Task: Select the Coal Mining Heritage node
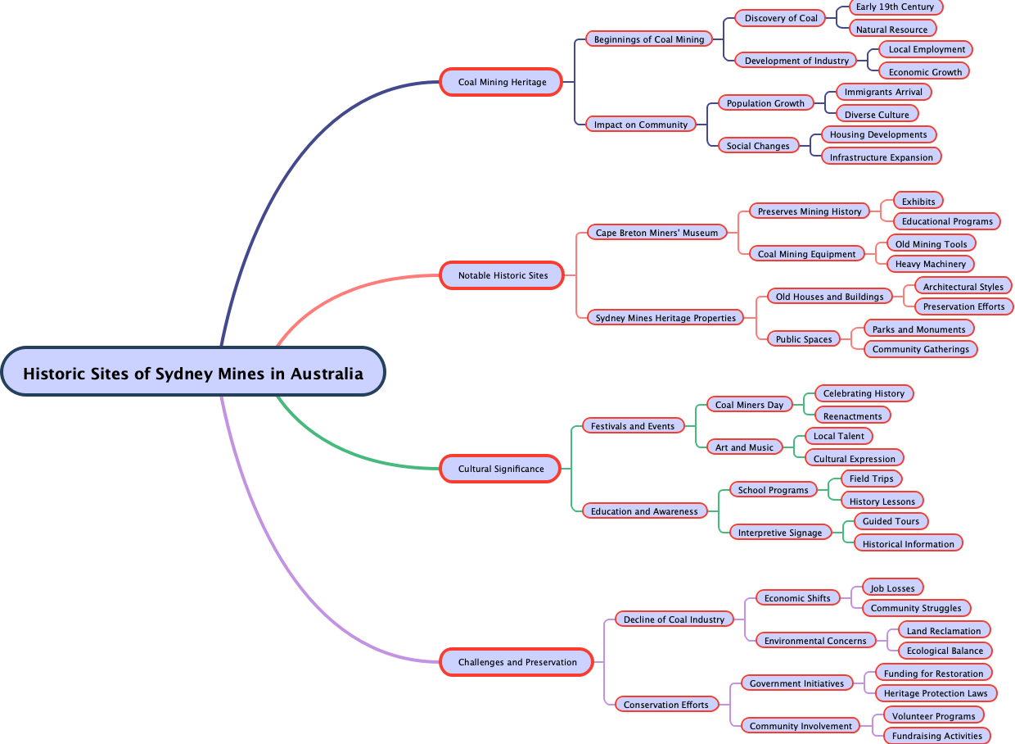coord(501,82)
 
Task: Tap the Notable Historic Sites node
coord(503,275)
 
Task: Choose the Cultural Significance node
coord(500,469)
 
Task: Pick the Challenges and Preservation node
coord(517,662)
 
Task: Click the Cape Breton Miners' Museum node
coord(656,233)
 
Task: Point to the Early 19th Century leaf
coord(895,7)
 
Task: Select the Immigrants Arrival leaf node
coord(883,92)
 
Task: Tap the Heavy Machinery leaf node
coord(931,264)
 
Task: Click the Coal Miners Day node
coord(749,405)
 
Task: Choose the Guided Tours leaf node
coord(891,521)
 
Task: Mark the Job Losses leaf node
coord(893,588)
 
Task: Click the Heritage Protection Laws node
coord(936,693)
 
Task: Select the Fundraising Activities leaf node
coord(936,736)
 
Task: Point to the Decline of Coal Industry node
coord(674,619)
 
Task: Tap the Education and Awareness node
coord(644,511)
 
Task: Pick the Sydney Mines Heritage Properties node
coord(665,318)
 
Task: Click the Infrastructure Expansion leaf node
coord(881,157)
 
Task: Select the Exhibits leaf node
coord(918,202)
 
